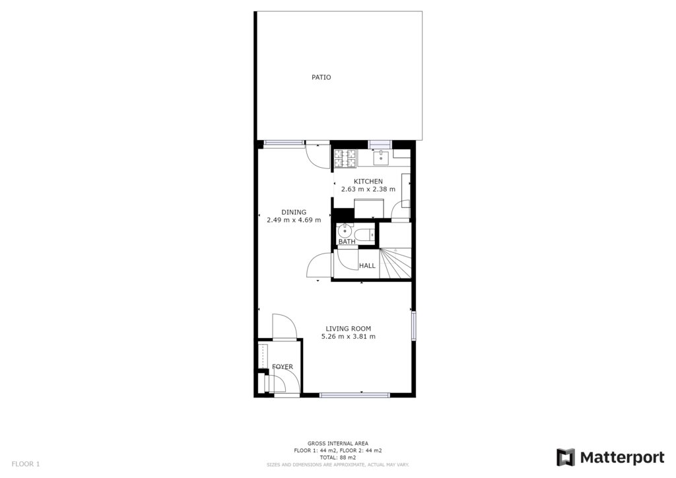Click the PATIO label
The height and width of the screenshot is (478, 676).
point(321,78)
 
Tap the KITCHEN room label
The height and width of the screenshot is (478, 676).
point(368,182)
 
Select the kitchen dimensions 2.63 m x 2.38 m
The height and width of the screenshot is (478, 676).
point(368,189)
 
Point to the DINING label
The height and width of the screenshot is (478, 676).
point(294,212)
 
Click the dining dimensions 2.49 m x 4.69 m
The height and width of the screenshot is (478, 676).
point(294,220)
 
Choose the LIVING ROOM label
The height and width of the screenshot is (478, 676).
point(349,328)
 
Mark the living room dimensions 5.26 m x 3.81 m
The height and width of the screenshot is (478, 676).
point(349,336)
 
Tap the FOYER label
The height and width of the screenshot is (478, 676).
point(283,367)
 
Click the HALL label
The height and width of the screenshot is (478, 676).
point(367,266)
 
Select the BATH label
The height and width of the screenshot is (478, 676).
point(347,242)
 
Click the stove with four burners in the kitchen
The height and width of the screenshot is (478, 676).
point(345,158)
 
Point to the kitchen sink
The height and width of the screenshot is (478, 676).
point(381,158)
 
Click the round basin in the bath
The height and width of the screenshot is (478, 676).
point(345,231)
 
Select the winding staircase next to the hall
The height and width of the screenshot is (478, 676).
point(395,263)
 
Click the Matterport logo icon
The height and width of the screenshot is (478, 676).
point(566,458)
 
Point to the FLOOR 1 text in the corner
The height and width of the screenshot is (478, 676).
point(26,464)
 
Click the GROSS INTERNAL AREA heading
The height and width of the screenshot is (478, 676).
point(338,444)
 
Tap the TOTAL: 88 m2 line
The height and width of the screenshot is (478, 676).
point(338,458)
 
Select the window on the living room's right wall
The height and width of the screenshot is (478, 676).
point(413,325)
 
